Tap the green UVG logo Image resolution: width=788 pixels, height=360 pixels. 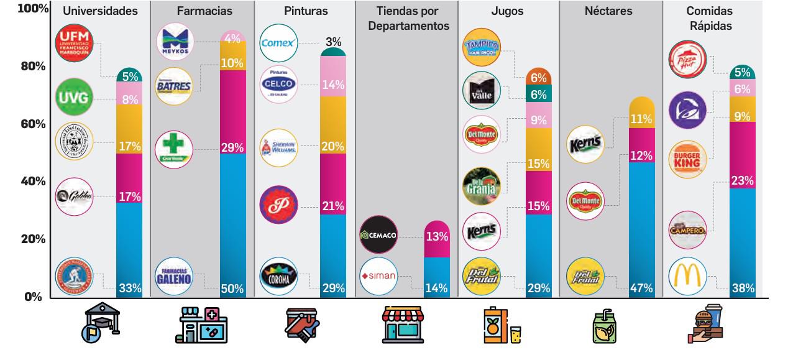(x=74, y=96)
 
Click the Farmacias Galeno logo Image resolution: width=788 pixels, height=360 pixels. (x=175, y=275)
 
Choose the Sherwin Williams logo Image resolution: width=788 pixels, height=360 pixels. (x=278, y=147)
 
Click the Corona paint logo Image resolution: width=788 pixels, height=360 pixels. (x=278, y=276)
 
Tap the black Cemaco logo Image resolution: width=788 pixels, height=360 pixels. (x=378, y=235)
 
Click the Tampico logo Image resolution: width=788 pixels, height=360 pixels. (x=482, y=47)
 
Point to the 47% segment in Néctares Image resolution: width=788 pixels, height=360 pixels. (x=641, y=230)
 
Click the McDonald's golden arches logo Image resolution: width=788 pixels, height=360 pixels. (x=687, y=276)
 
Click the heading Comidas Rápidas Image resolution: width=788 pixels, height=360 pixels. (x=709, y=19)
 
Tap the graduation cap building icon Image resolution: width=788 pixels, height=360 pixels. (x=99, y=325)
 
